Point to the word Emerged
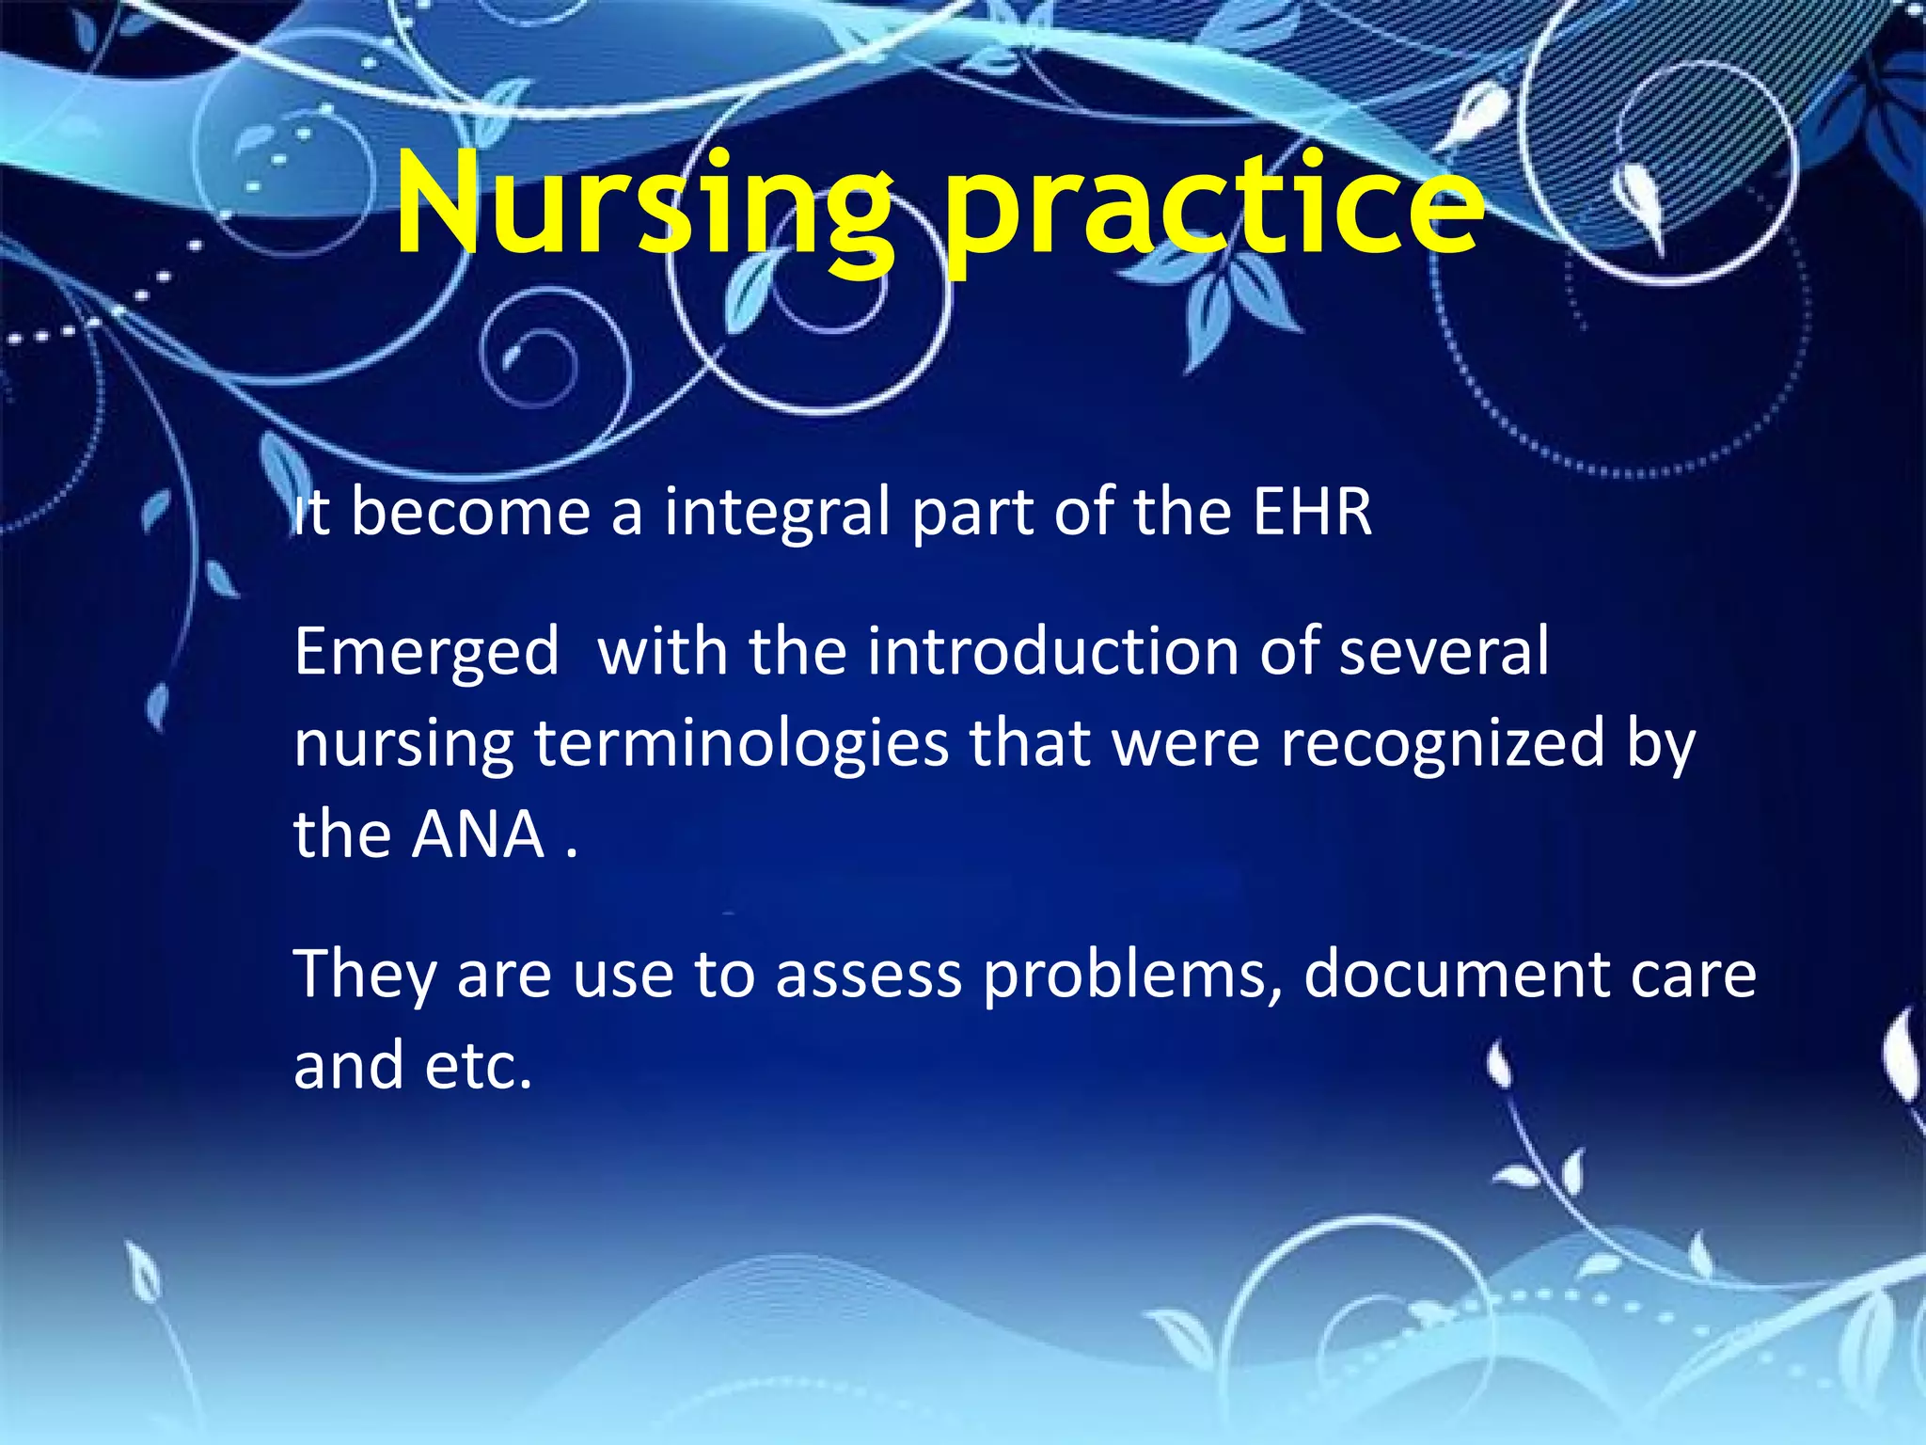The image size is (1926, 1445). [x=426, y=653]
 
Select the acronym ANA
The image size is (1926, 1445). [x=479, y=834]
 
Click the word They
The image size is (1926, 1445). [x=365, y=976]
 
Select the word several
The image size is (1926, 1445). [x=1443, y=651]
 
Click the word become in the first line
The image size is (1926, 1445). [x=470, y=513]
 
